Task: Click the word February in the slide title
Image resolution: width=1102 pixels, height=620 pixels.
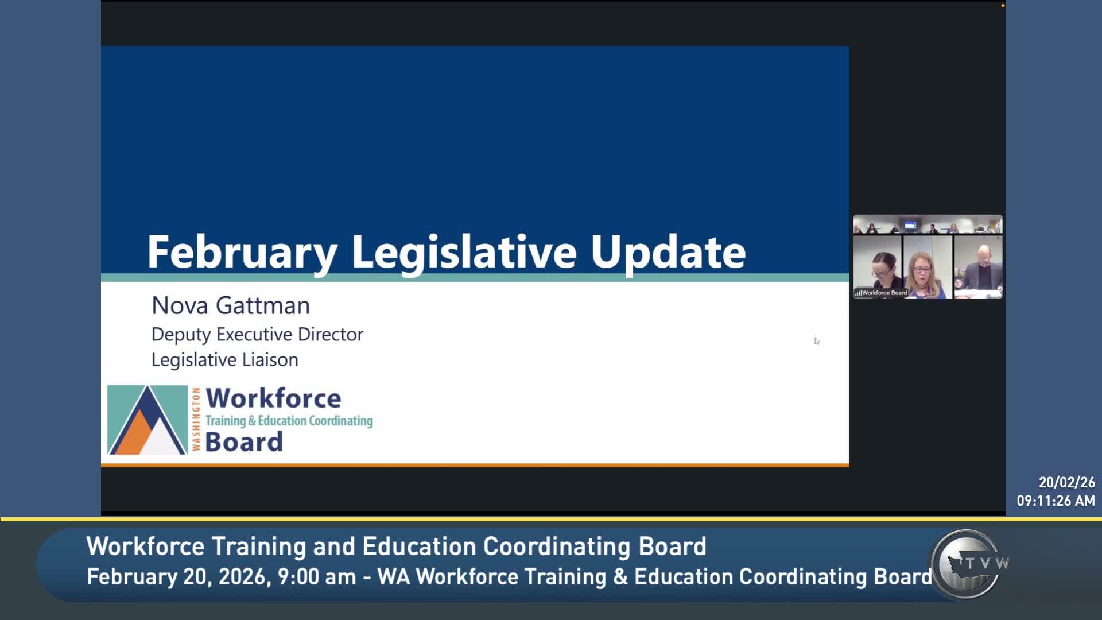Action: [x=242, y=253]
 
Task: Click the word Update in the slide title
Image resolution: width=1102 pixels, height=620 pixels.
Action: [x=668, y=253]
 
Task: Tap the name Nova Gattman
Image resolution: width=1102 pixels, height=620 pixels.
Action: [x=231, y=305]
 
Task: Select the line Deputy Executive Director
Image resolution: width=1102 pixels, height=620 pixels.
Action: [x=257, y=334]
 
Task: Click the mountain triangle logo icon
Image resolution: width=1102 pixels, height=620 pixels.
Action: [x=148, y=420]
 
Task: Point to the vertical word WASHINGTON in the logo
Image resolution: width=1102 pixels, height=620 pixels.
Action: [x=196, y=420]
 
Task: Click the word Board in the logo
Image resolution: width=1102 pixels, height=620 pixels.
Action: [x=244, y=442]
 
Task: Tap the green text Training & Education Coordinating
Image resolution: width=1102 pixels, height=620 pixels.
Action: [x=289, y=421]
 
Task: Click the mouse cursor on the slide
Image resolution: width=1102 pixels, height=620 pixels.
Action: [x=816, y=341]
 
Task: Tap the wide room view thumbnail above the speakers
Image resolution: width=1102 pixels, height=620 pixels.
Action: [x=928, y=225]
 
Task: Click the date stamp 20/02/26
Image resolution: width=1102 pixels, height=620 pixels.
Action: [x=1066, y=482]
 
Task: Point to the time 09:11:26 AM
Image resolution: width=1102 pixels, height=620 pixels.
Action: [x=1056, y=501]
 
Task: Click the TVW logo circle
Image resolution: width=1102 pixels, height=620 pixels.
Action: [x=968, y=564]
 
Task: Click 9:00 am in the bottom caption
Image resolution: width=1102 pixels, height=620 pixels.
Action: [x=316, y=576]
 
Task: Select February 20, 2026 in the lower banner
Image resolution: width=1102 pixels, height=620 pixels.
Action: [x=178, y=576]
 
